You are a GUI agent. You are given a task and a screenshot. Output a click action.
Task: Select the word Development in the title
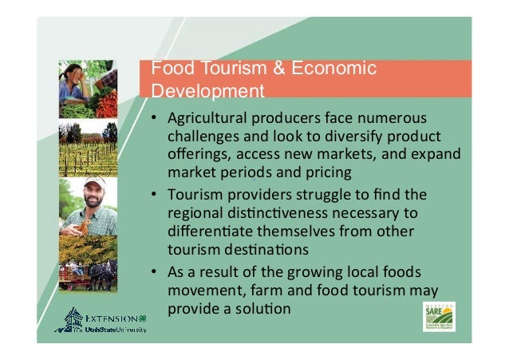(x=208, y=90)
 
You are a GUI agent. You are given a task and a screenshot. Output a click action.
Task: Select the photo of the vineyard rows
(x=88, y=149)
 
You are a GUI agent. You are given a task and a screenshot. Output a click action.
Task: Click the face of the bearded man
(x=94, y=194)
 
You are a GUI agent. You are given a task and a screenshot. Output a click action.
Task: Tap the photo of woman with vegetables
(x=88, y=89)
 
